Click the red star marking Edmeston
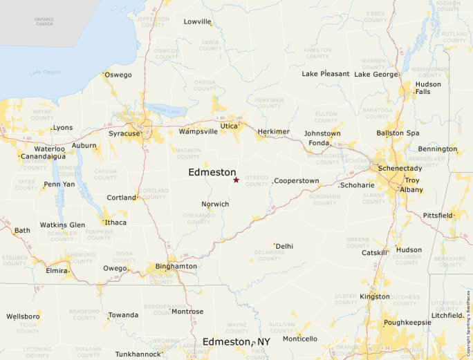[x=236, y=180]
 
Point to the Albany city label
[x=411, y=189]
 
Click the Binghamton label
[x=176, y=266]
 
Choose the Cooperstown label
[x=297, y=181]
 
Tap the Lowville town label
[x=198, y=22]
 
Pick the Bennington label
[x=437, y=149]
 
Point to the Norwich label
[x=215, y=205]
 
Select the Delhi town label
[x=285, y=246]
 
